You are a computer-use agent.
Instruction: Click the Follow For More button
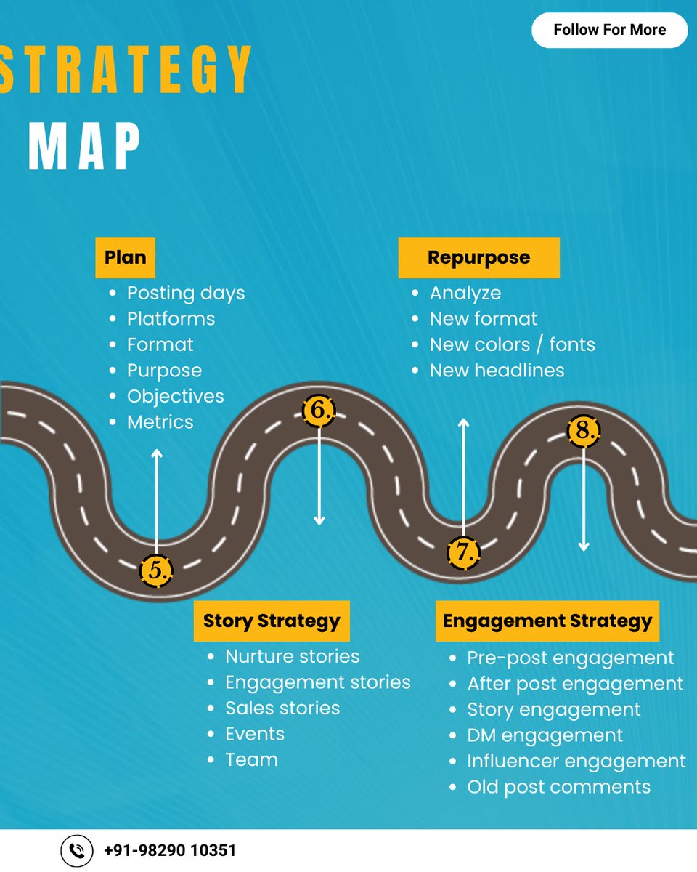tap(609, 30)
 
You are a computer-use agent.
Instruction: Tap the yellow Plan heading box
tap(125, 257)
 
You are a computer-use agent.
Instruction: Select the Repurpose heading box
tap(478, 257)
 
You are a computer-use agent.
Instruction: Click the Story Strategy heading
tap(272, 621)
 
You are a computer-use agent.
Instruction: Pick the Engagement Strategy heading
tap(547, 621)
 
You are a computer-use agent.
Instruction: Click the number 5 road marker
tap(157, 570)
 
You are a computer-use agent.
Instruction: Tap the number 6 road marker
tap(319, 411)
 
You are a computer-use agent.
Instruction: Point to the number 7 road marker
tap(463, 552)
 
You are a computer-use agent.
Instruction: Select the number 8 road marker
tap(584, 431)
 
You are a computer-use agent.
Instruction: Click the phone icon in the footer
tap(76, 850)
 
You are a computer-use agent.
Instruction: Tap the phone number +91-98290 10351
tap(170, 850)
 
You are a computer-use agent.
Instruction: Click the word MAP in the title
tap(85, 148)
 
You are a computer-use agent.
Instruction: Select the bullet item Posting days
tap(186, 293)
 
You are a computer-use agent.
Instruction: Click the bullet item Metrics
tap(160, 421)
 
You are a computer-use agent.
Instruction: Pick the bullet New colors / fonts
tap(512, 344)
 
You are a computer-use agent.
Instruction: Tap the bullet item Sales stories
tap(282, 708)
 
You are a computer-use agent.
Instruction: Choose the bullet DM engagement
tap(545, 735)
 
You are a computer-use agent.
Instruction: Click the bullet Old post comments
tap(558, 786)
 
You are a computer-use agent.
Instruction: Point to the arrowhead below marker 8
tap(584, 546)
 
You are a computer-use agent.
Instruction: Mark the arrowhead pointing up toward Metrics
tap(157, 453)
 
